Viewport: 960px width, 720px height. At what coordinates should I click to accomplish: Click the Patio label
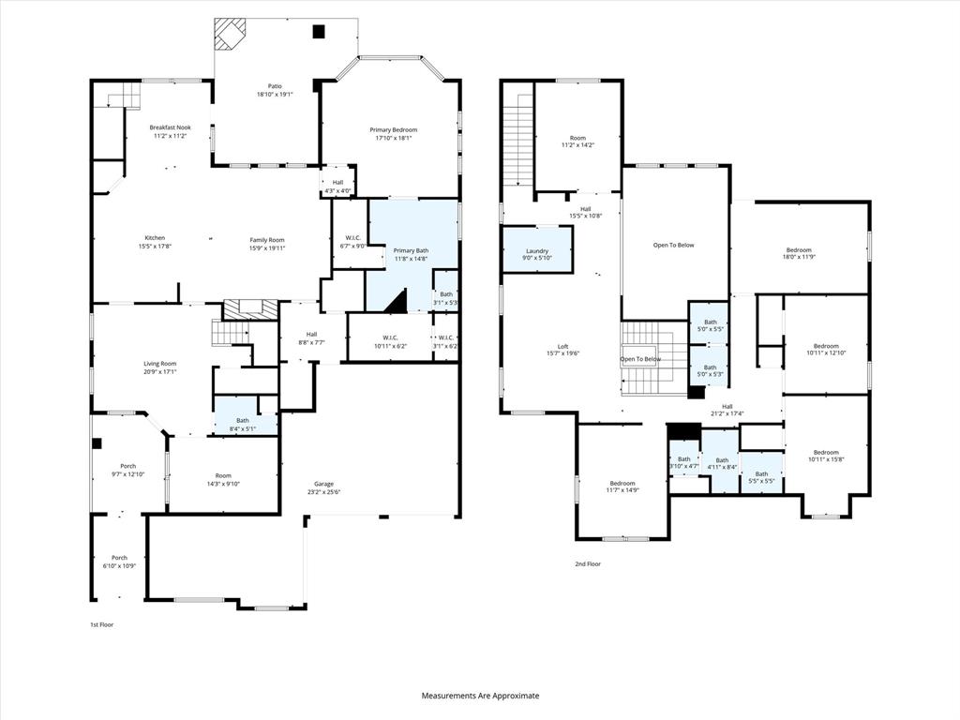click(x=275, y=86)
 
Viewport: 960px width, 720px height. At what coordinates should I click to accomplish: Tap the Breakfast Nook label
click(x=170, y=127)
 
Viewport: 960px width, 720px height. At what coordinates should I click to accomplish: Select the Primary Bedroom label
click(x=393, y=130)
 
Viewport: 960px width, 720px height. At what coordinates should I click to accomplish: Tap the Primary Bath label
click(x=411, y=250)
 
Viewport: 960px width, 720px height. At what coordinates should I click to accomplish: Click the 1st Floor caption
click(x=101, y=624)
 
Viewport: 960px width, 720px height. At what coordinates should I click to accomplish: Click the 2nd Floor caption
click(x=588, y=564)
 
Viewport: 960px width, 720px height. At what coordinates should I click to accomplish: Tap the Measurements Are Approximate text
click(x=480, y=696)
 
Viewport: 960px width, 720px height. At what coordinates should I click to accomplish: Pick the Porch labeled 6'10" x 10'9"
click(x=119, y=562)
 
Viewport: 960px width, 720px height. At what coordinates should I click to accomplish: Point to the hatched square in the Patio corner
click(x=228, y=34)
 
